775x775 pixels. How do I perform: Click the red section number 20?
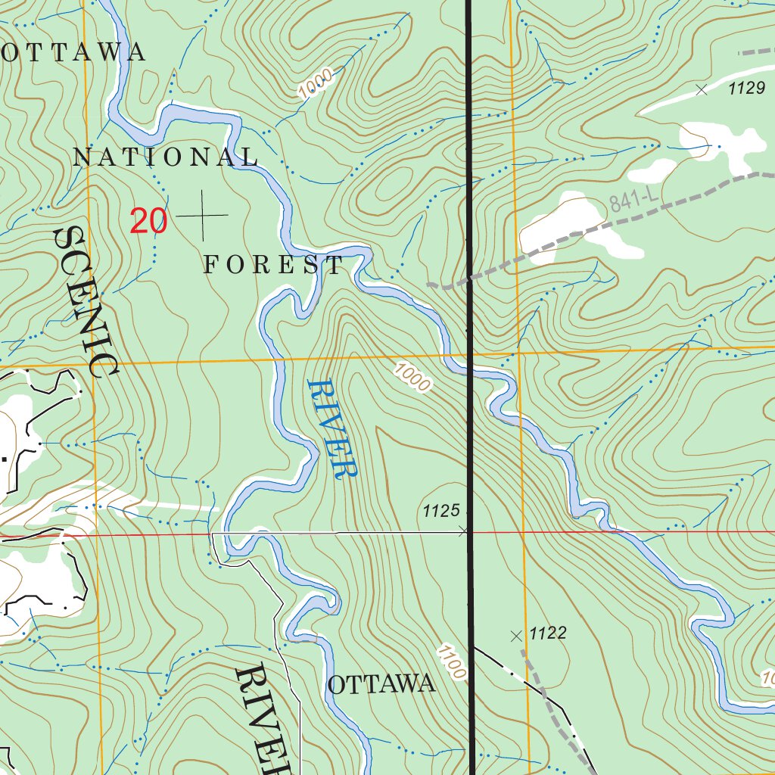[148, 221]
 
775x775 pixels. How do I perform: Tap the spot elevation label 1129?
[747, 89]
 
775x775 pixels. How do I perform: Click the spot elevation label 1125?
[441, 512]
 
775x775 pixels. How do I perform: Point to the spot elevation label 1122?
[548, 633]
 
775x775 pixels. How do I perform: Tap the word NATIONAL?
[166, 157]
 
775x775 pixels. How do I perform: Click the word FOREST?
[274, 265]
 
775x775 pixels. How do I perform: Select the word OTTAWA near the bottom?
[381, 685]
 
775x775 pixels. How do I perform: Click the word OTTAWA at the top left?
[73, 51]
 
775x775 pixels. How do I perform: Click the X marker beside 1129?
[702, 89]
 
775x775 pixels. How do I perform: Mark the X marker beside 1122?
[517, 636]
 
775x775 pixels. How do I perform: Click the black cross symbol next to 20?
[202, 216]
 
